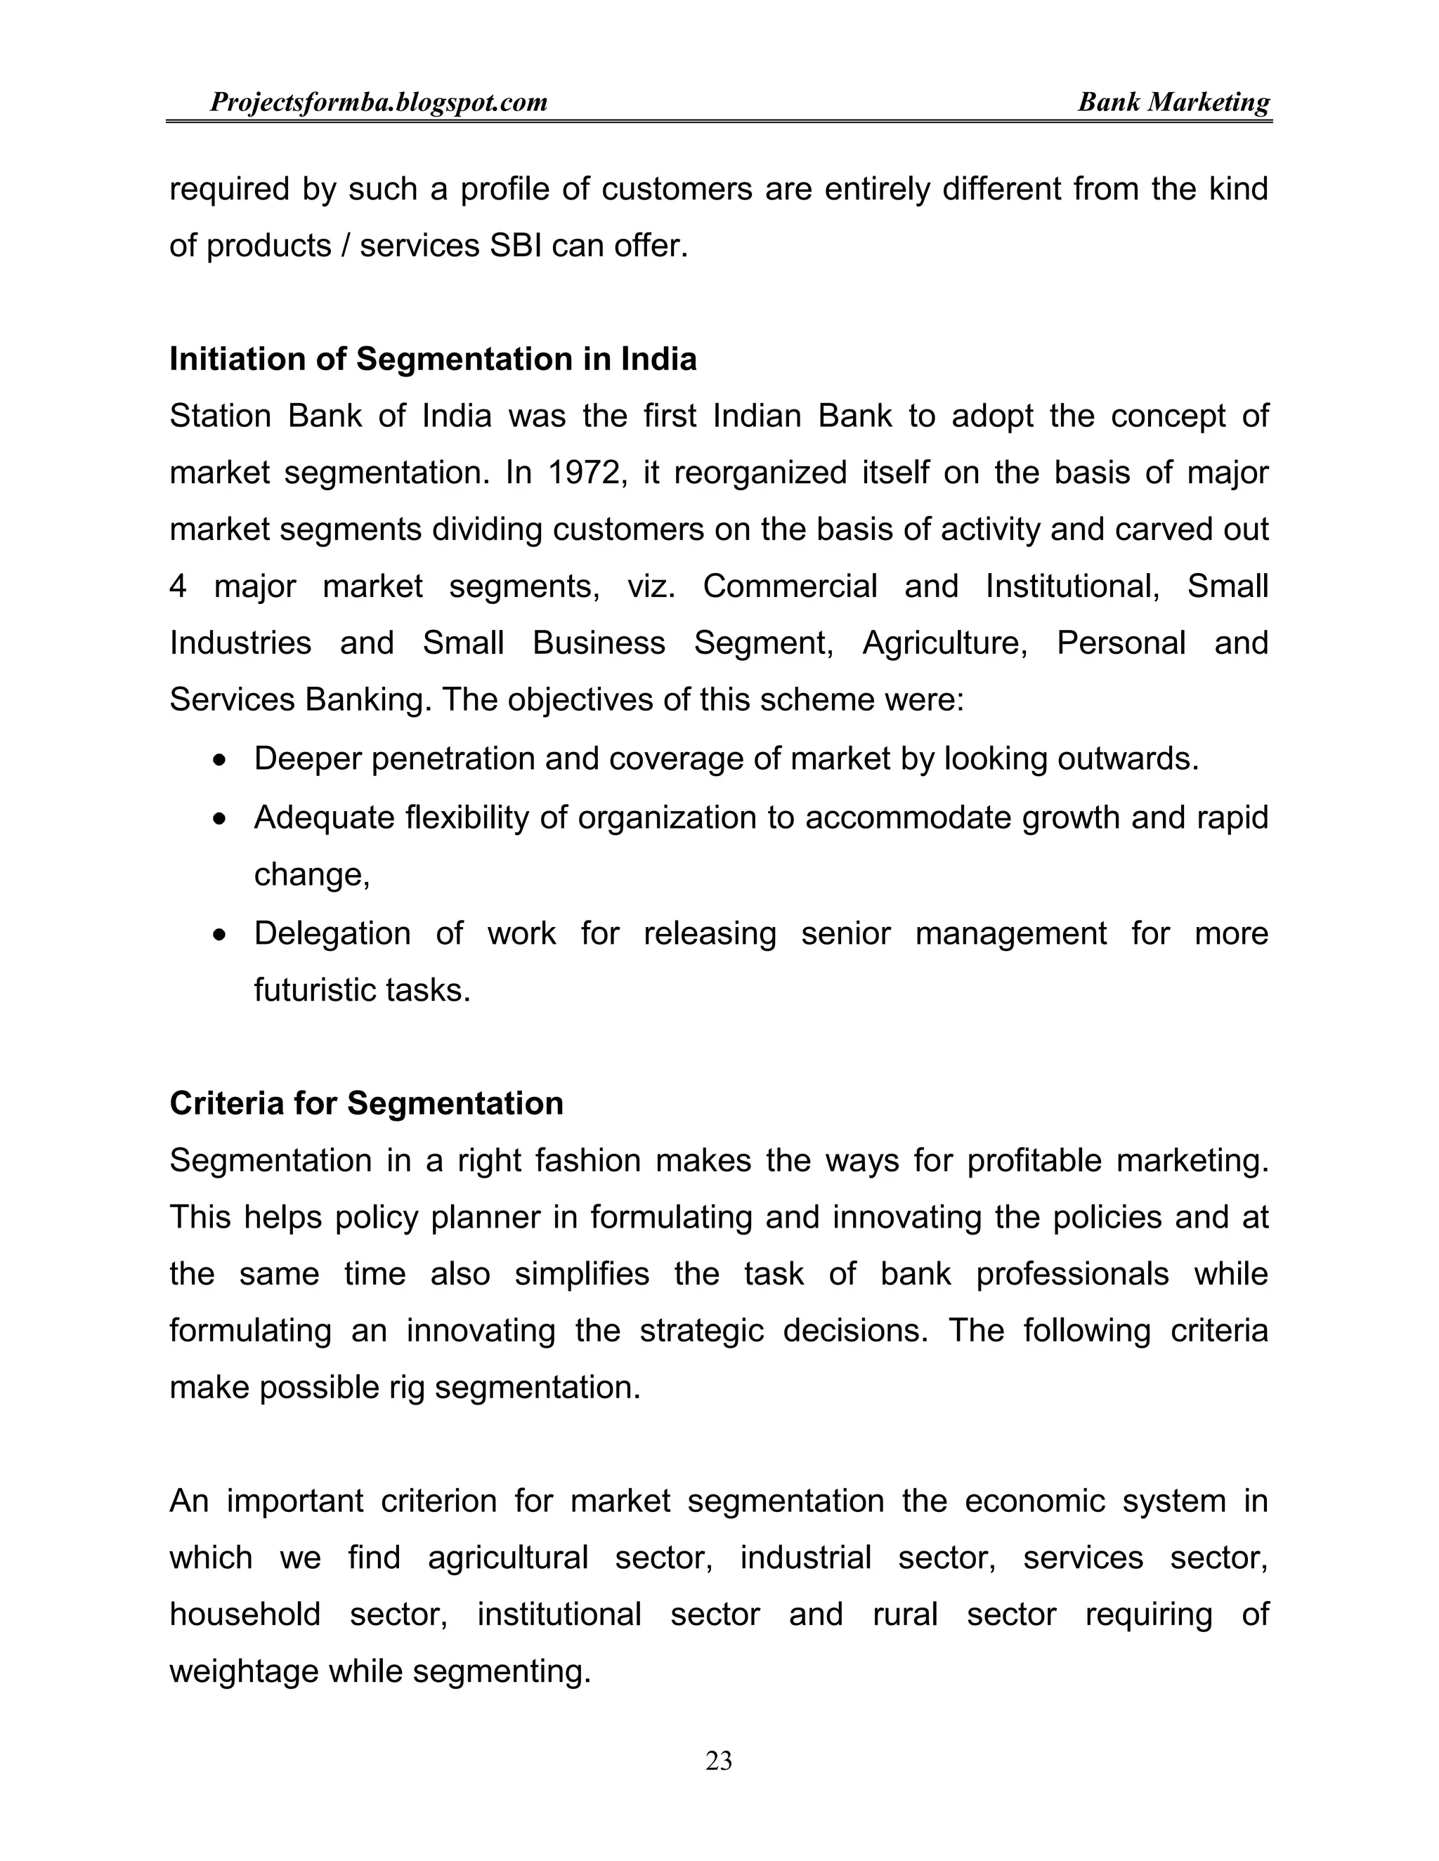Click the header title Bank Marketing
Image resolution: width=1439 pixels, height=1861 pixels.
pyautogui.click(x=1173, y=103)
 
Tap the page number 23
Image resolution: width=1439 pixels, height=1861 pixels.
pyautogui.click(x=719, y=1760)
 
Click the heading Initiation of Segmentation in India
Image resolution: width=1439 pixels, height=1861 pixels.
pyautogui.click(x=433, y=359)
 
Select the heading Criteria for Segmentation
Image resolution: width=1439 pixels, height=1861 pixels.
pyautogui.click(x=367, y=1103)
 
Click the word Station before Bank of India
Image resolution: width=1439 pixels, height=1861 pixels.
pyautogui.click(x=220, y=416)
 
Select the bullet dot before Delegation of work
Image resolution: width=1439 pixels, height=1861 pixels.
pyautogui.click(x=221, y=935)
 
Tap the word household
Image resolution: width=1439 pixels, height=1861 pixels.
pyautogui.click(x=245, y=1614)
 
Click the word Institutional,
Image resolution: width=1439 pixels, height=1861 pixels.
pyautogui.click(x=1072, y=586)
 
